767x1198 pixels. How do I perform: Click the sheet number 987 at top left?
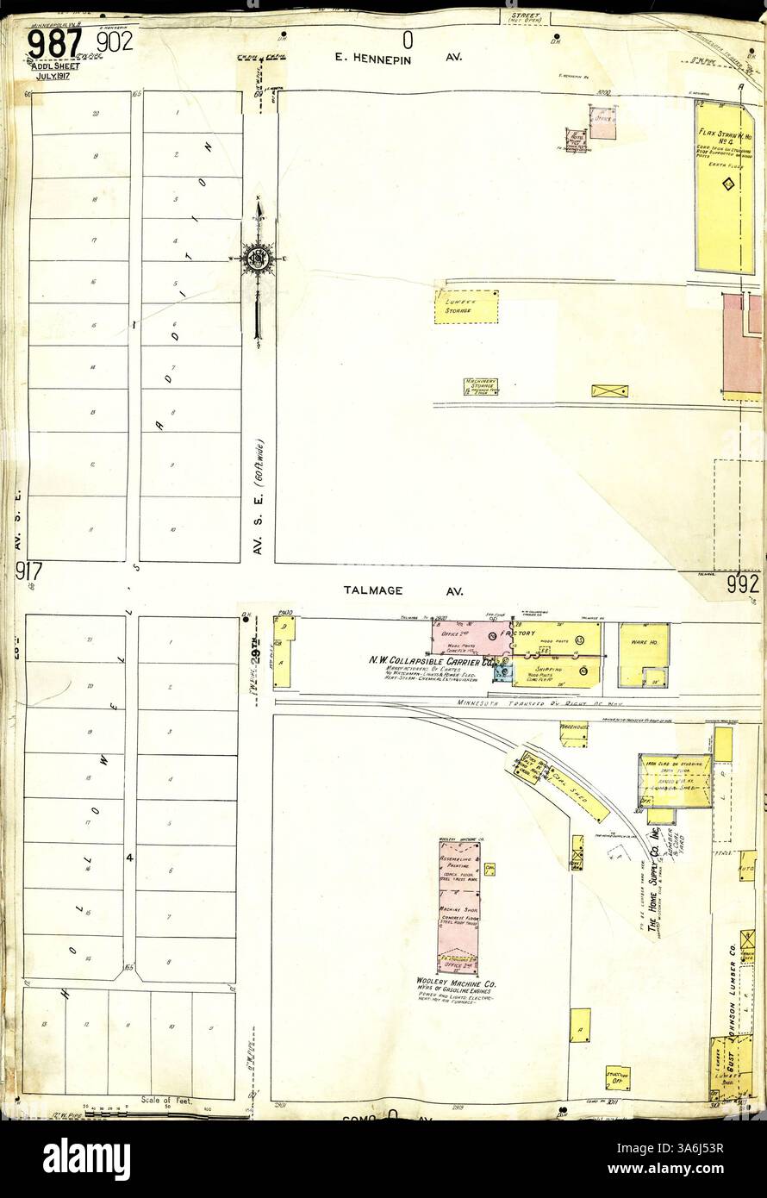tap(54, 43)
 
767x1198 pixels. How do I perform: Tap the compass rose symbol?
tap(257, 257)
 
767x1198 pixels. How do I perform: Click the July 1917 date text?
tap(53, 76)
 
